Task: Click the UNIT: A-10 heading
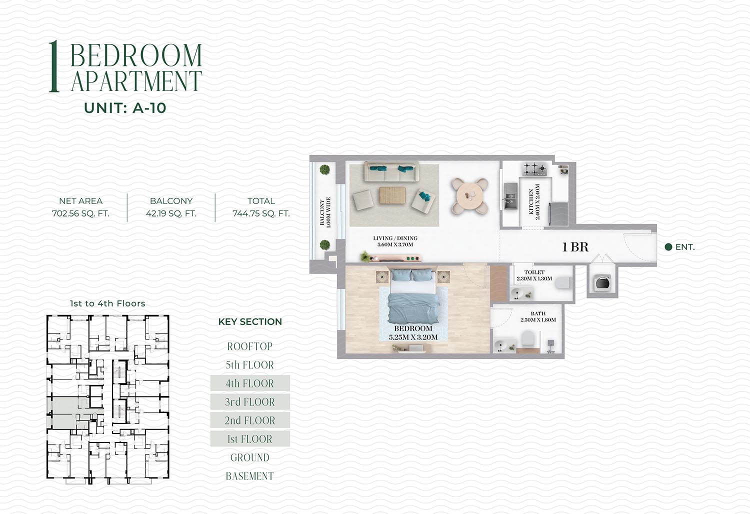[x=125, y=108]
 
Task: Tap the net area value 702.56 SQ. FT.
[x=80, y=213]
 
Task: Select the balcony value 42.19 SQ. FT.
[x=171, y=213]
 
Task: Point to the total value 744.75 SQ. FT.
[x=261, y=213]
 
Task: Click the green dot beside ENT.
[x=668, y=247]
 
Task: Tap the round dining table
[x=470, y=195]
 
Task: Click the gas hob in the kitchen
[x=534, y=169]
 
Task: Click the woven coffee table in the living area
[x=392, y=195]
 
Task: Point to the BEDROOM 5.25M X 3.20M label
[x=413, y=333]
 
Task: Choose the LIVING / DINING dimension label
[x=395, y=241]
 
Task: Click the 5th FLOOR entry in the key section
[x=250, y=364]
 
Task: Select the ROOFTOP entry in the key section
[x=250, y=346]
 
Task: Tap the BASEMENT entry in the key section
[x=250, y=476]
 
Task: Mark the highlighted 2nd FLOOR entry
[x=250, y=420]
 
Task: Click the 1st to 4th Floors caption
[x=107, y=303]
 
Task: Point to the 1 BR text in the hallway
[x=575, y=247]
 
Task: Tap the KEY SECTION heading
[x=250, y=321]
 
